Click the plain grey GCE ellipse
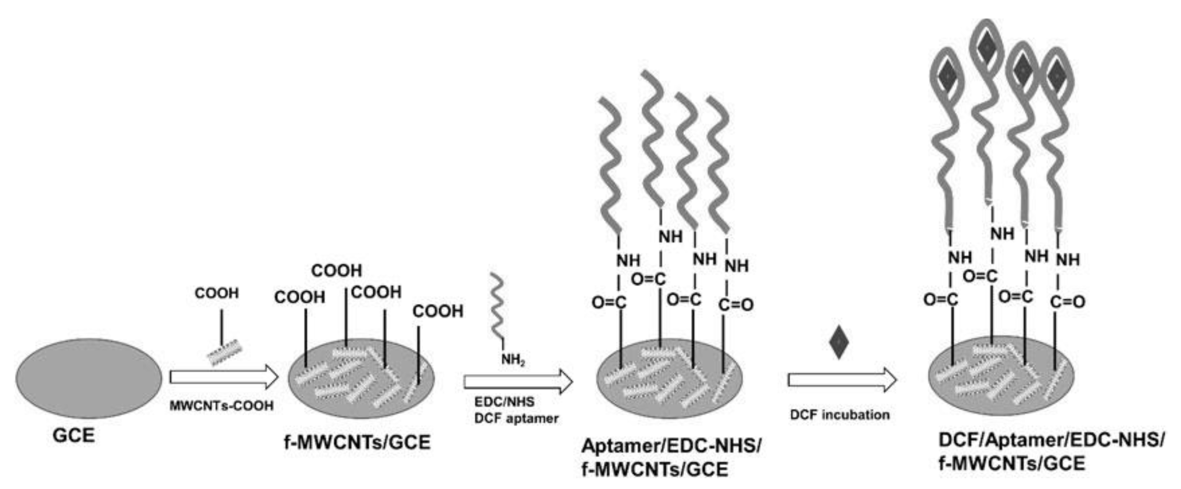click(x=89, y=378)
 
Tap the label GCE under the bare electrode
click(x=74, y=435)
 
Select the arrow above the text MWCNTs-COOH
click(x=224, y=377)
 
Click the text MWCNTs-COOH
click(x=222, y=405)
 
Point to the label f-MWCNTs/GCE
click(x=357, y=442)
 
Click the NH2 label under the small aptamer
click(x=513, y=359)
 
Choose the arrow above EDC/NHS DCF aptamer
click(x=518, y=382)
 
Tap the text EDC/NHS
click(x=504, y=402)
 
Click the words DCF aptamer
click(x=516, y=418)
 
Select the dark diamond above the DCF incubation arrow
click(x=839, y=342)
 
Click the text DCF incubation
click(x=839, y=415)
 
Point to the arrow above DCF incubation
click(x=842, y=380)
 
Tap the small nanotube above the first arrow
click(x=225, y=352)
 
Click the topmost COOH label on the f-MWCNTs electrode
click(x=337, y=271)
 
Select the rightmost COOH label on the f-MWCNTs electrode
click(x=438, y=311)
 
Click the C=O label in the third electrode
click(x=736, y=305)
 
